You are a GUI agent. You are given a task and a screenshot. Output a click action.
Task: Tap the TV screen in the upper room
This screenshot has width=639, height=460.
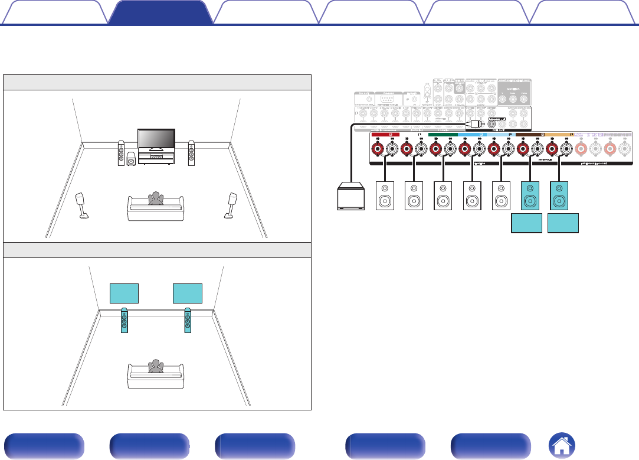156,138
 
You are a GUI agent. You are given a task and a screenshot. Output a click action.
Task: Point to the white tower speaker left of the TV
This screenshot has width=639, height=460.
121,153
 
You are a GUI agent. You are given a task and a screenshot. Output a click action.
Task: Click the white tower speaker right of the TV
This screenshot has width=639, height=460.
191,153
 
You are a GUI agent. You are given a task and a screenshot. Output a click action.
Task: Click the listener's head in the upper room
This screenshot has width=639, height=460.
156,197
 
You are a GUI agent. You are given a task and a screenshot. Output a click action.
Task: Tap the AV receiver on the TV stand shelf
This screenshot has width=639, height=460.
156,158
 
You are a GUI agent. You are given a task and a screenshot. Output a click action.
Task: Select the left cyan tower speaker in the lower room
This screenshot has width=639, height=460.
124,321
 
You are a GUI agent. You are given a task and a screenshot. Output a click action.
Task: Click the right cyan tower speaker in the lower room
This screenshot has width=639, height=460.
188,321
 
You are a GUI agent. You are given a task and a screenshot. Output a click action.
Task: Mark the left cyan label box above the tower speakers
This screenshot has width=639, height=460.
124,293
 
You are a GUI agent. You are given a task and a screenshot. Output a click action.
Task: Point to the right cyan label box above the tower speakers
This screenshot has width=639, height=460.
188,293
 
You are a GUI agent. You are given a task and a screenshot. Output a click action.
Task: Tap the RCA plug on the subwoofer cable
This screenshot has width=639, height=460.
476,125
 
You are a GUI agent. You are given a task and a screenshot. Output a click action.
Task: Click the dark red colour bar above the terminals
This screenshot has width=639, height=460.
385,135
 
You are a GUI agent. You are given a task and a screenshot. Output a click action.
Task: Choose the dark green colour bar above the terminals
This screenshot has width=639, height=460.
443,135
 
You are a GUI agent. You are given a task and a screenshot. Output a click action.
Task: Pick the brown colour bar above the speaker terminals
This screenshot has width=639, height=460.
530,135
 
